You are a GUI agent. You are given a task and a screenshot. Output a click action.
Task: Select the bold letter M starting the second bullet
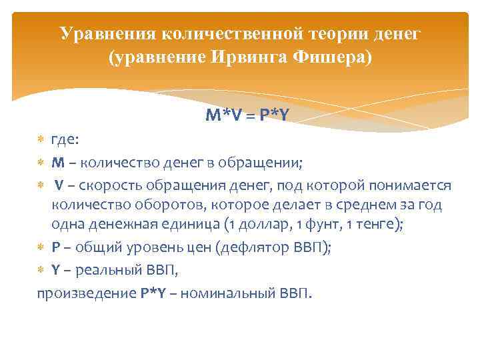click(57, 163)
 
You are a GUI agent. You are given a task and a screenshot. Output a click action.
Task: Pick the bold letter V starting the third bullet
click(59, 185)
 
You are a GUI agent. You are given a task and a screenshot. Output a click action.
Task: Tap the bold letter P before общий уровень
click(56, 247)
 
